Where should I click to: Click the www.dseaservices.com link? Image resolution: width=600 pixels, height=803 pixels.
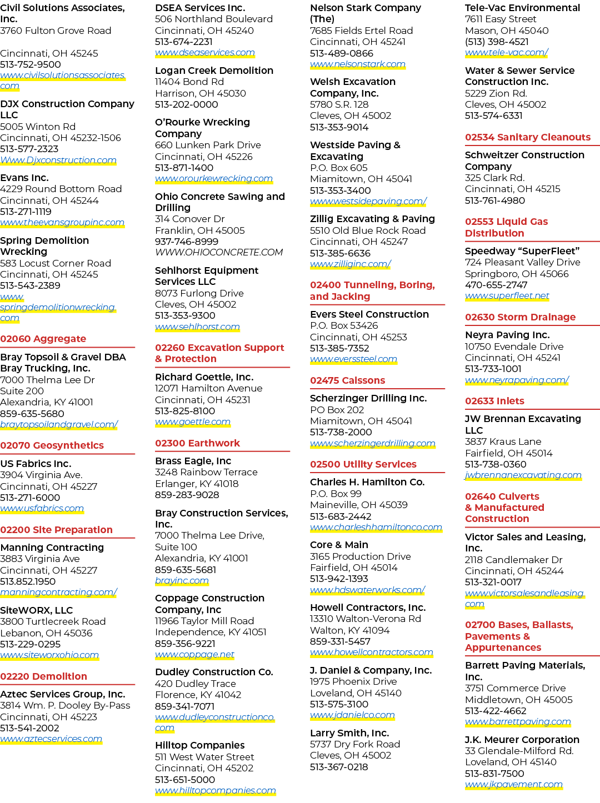(205, 53)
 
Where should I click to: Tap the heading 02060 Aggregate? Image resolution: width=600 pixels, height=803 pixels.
(43, 339)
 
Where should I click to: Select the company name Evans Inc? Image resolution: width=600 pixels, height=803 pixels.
(24, 178)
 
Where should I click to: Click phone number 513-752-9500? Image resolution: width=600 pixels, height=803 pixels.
(31, 64)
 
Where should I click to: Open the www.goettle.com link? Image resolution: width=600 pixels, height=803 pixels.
(193, 422)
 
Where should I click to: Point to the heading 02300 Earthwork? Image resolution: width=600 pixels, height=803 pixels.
(198, 443)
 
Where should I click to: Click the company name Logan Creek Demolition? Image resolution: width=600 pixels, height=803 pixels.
(214, 71)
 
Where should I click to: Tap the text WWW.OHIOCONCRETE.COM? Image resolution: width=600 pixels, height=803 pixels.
(219, 253)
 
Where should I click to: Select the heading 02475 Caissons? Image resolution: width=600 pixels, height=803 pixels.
(348, 380)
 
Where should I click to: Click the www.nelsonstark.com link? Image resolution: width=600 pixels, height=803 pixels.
(358, 64)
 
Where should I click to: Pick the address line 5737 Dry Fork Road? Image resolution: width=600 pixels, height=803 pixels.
(355, 744)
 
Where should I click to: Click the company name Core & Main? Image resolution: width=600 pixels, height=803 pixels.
(339, 545)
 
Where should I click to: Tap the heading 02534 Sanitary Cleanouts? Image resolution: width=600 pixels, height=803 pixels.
(528, 137)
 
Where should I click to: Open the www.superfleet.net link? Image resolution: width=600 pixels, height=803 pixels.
(507, 295)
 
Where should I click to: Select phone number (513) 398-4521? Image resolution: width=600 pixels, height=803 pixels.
(497, 42)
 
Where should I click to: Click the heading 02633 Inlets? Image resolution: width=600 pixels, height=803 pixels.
(494, 401)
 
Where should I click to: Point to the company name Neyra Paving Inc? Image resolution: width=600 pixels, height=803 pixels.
(507, 335)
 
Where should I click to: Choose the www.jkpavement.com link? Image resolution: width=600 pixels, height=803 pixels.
(514, 784)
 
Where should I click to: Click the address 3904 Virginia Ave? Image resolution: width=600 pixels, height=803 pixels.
(41, 475)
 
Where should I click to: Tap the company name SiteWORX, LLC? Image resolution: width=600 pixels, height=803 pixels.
(37, 610)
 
